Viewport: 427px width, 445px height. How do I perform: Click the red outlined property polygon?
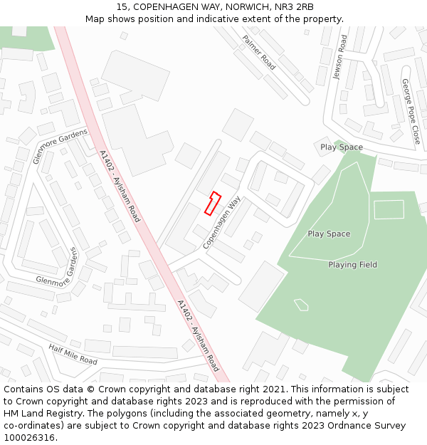pos(213,203)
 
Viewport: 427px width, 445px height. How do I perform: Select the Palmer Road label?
pos(259,52)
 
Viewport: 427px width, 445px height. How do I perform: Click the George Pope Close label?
pos(411,111)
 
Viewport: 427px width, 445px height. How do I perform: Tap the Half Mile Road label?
pos(73,354)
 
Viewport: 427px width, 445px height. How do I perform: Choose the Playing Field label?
pos(352,265)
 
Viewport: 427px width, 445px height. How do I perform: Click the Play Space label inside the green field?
pos(329,234)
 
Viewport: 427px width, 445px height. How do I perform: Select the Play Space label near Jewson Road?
pos(341,147)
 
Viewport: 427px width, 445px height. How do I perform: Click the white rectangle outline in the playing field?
pos(389,209)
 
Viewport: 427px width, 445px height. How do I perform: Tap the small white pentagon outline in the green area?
pos(301,305)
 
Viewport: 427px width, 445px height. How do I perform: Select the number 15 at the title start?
pos(112,6)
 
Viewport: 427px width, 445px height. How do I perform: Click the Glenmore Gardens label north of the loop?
pos(60,146)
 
